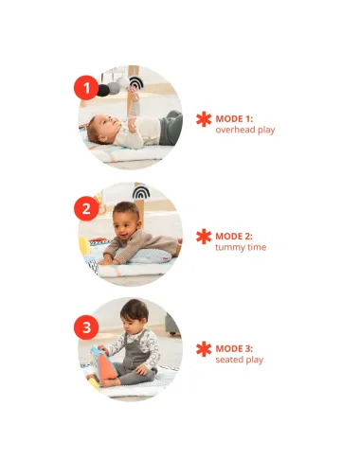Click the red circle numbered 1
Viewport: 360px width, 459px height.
86,87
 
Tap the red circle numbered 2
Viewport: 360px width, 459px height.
86,208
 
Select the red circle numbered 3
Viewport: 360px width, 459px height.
86,327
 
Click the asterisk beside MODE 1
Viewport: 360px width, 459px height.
204,119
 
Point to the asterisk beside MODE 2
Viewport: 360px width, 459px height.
204,237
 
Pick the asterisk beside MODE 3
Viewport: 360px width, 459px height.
204,349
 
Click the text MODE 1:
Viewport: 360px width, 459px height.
234,119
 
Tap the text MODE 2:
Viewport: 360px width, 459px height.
234,237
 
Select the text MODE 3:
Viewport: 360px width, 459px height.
234,348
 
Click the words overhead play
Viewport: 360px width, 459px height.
245,130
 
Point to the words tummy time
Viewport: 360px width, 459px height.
241,247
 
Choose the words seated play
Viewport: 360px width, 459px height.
240,360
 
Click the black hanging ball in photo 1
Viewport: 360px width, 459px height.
103,90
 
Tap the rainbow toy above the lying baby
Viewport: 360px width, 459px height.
136,82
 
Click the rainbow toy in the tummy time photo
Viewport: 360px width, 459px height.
141,192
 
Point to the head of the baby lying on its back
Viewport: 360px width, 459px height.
99,129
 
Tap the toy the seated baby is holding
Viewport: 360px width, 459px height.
103,363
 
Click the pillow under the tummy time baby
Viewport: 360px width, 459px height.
150,256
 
